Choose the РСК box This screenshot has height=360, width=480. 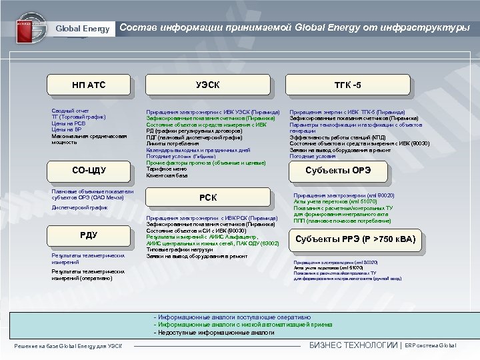tap(209, 197)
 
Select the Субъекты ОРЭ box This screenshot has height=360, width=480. tap(338, 171)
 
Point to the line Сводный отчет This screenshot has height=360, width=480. tap(71, 110)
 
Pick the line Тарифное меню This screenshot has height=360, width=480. tap(166, 169)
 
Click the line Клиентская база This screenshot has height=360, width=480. tap(167, 176)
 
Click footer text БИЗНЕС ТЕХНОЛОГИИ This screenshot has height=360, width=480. tap(353, 345)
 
